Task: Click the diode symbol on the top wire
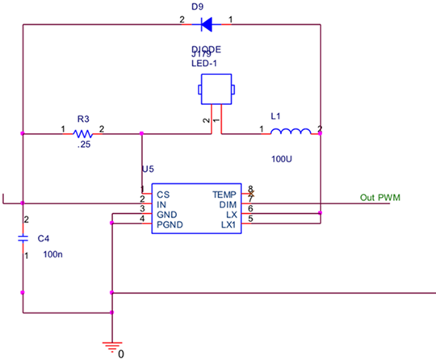coord(206,24)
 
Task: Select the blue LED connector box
coord(216,89)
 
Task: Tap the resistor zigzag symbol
coord(82,134)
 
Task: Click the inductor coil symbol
coord(290,132)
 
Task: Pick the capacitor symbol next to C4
coord(23,238)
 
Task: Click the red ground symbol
coord(112,347)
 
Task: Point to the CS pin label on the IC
coord(163,195)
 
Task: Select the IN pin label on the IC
coord(161,204)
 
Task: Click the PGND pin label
coord(166,224)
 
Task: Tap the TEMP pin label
coord(224,195)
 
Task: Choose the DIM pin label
coord(228,204)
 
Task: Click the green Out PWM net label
coord(379,198)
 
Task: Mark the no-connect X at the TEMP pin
coord(250,194)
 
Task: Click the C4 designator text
coord(44,238)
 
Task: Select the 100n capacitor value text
coord(52,254)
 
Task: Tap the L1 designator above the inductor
coord(275,116)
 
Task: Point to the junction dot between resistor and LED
coord(141,133)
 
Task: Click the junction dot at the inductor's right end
coord(321,133)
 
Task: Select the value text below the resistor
coord(84,146)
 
